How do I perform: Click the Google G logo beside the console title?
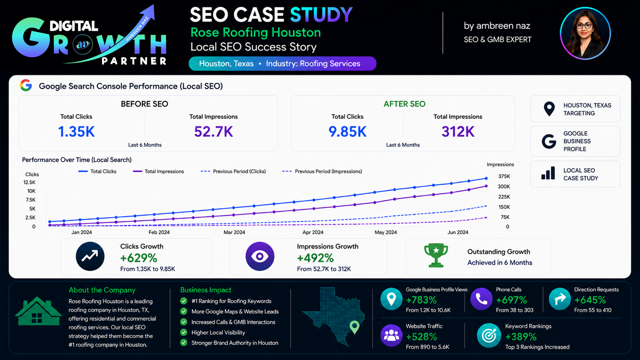point(26,86)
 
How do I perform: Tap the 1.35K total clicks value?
point(76,132)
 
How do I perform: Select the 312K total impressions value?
point(458,132)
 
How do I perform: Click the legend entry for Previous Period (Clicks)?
point(233,172)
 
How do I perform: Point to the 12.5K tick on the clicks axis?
point(30,182)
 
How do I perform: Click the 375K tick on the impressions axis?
point(504,176)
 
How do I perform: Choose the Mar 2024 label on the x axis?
point(234,232)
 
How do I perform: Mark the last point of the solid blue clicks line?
point(486,178)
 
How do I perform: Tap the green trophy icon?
point(436,256)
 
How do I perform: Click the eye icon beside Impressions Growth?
point(260,256)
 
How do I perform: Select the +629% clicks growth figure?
point(138,258)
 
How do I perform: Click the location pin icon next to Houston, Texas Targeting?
point(549,109)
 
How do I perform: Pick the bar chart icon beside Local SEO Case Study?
point(548,173)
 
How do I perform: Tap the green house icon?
point(38,312)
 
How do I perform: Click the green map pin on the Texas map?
point(354,327)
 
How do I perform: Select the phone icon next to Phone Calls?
point(481,299)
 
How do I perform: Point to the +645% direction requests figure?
point(590,300)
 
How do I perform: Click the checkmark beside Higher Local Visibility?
point(184,332)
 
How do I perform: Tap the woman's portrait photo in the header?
point(586,34)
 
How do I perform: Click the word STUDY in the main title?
point(321,14)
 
